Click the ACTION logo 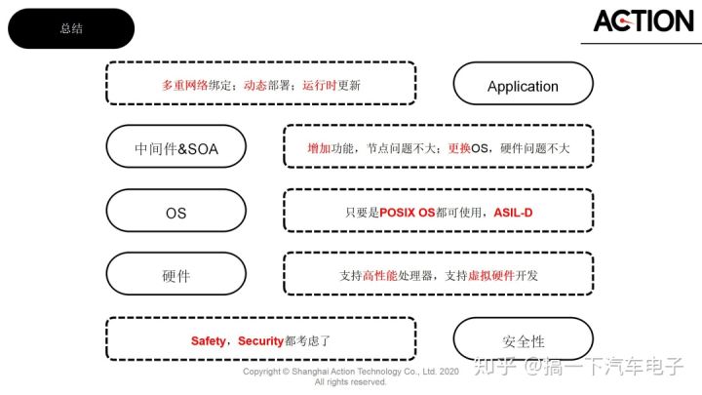[643, 20]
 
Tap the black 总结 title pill [71, 28]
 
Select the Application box [523, 86]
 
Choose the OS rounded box [175, 212]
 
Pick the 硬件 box [175, 276]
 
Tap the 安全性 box [523, 341]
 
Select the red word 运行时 [319, 85]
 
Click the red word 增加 [318, 148]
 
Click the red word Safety [208, 341]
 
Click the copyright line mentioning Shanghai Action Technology [350, 372]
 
